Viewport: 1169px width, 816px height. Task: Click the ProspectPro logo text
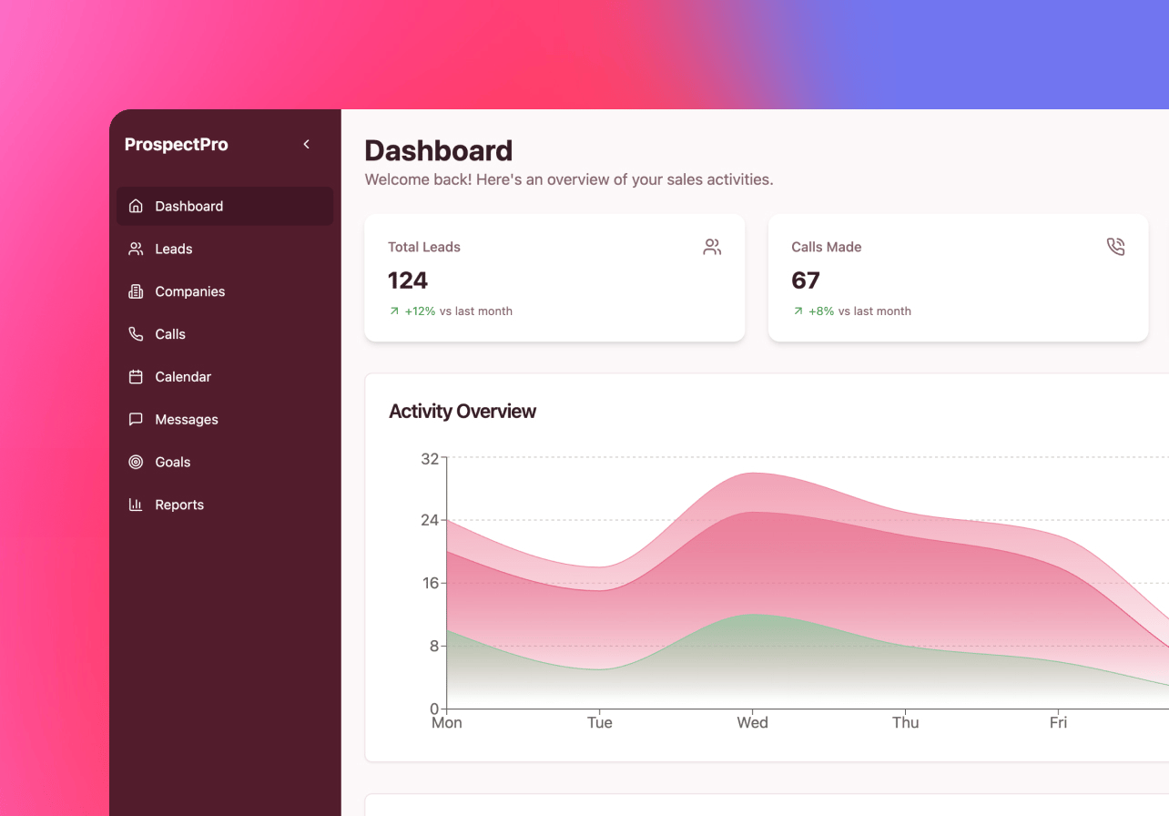coord(176,144)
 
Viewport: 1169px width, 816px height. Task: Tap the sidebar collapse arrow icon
coord(307,144)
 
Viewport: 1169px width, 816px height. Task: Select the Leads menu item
coord(173,249)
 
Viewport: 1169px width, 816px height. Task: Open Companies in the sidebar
coord(189,291)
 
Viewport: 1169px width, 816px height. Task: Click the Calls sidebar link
coord(169,334)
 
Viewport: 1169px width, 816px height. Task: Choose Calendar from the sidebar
coord(182,377)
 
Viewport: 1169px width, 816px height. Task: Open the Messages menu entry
coord(186,420)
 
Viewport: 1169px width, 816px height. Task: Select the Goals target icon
coord(136,463)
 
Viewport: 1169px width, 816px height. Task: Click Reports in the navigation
coord(178,505)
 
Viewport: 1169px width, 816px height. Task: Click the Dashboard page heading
coord(438,150)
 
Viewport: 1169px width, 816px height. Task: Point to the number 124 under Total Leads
coord(408,280)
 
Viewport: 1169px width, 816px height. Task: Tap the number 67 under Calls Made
coord(806,280)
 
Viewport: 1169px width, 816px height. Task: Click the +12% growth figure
coord(420,311)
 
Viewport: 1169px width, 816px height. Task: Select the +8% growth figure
coord(820,311)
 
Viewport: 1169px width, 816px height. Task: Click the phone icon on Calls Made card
coord(1115,247)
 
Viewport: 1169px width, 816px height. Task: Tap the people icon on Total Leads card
coord(712,247)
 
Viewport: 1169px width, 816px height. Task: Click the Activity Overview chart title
coord(463,412)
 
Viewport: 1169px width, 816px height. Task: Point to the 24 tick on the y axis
coord(430,520)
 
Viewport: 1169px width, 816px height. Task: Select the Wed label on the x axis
coord(752,723)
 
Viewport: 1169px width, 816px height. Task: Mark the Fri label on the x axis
coord(1058,723)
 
